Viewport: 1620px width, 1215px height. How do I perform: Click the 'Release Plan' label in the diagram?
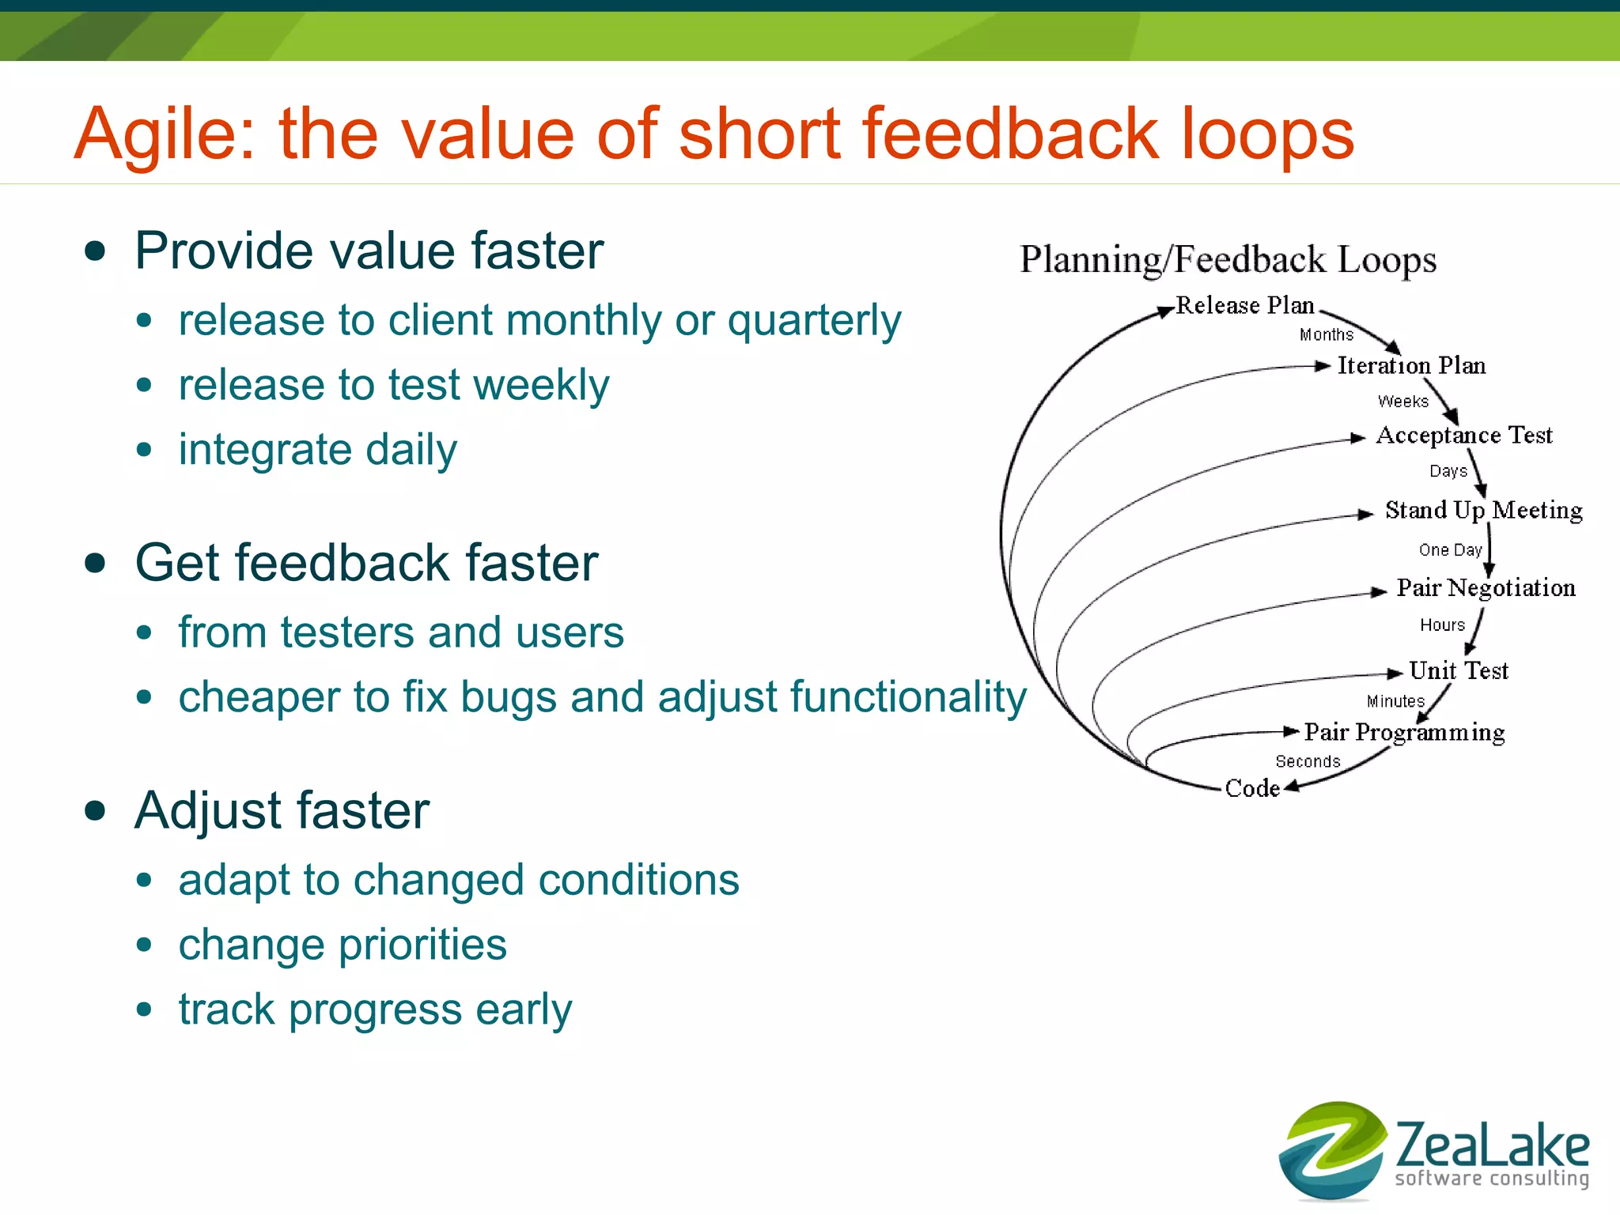tap(1244, 305)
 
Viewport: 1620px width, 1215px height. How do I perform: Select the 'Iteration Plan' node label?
tap(1411, 365)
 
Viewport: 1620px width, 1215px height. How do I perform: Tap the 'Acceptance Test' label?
tap(1464, 435)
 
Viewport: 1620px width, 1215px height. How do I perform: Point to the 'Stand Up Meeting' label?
tap(1483, 510)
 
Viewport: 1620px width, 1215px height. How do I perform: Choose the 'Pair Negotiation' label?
tap(1486, 587)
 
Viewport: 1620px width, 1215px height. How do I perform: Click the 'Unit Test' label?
tap(1459, 670)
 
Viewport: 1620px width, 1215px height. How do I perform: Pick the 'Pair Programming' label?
tap(1404, 732)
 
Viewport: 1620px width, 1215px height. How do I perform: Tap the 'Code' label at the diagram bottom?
tap(1251, 788)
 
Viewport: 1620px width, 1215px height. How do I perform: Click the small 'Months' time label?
tap(1327, 334)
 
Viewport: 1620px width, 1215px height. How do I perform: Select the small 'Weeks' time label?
tap(1403, 402)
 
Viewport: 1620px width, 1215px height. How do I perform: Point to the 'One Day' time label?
tap(1450, 549)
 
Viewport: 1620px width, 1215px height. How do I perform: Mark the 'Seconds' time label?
tap(1308, 761)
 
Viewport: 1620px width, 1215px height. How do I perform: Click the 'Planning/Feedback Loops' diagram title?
tap(1228, 259)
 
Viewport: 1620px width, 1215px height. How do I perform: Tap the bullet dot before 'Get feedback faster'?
tap(96, 564)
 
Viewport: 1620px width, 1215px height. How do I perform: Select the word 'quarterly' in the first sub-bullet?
tap(814, 321)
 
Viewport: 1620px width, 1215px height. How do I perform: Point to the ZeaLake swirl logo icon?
tap(1332, 1149)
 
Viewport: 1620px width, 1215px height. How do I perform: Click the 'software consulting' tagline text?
tap(1491, 1178)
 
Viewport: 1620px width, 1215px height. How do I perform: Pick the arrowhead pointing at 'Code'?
tap(1291, 787)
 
